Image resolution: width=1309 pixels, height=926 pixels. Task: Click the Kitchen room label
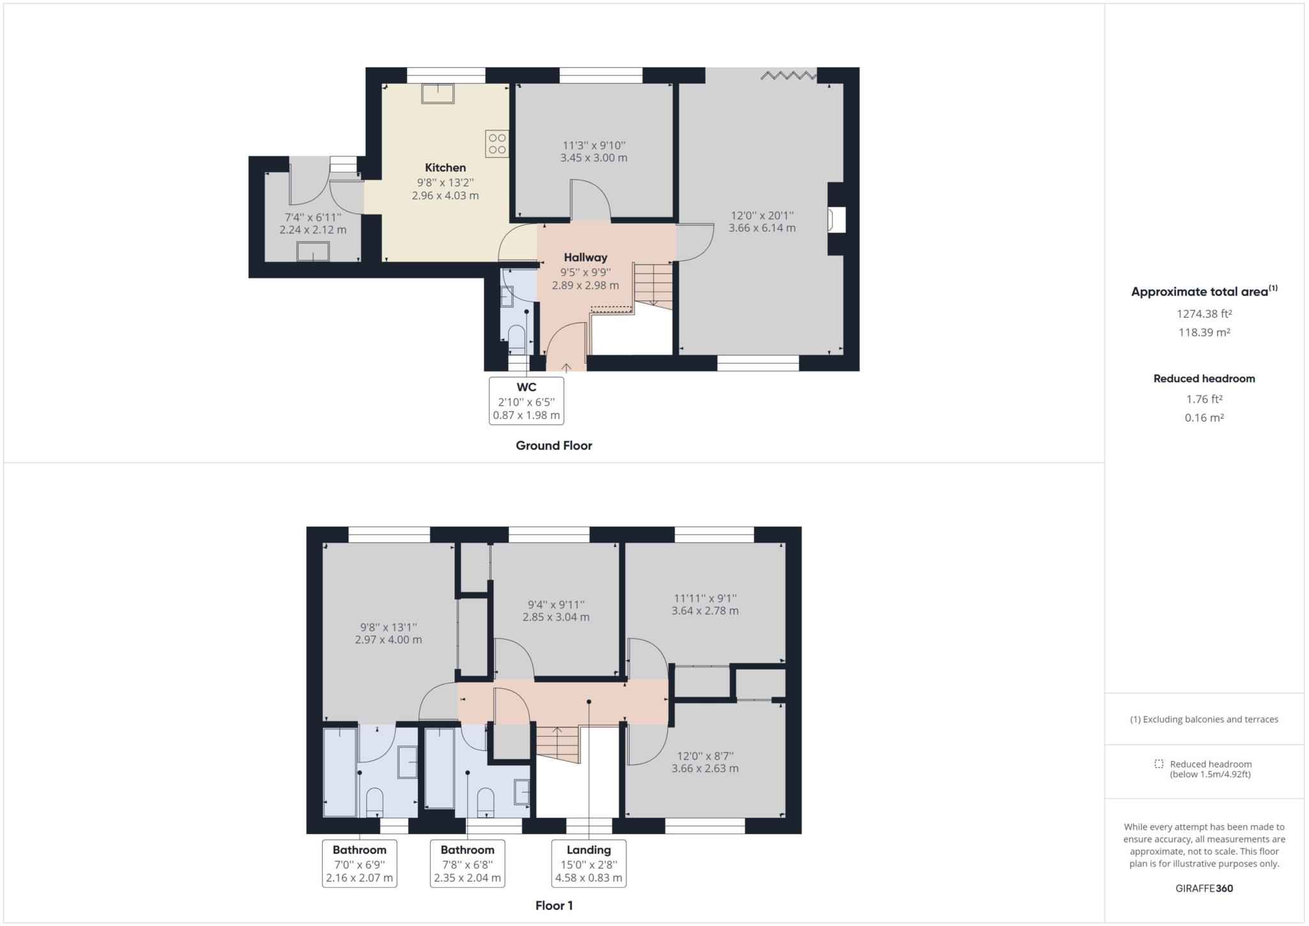pyautogui.click(x=445, y=167)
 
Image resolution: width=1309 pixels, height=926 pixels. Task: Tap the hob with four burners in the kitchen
pyautogui.click(x=497, y=144)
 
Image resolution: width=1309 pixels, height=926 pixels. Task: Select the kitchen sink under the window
pyautogui.click(x=438, y=94)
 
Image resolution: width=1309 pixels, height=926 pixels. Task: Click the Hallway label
pyautogui.click(x=585, y=258)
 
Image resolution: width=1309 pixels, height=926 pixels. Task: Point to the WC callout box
pyautogui.click(x=526, y=401)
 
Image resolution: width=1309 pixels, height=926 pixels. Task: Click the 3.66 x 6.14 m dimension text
pyautogui.click(x=762, y=228)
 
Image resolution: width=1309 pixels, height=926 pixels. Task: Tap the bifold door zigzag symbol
pyautogui.click(x=788, y=76)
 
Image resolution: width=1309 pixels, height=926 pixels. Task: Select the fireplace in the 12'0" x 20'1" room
pyautogui.click(x=836, y=220)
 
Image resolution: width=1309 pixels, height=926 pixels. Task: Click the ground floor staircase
pyautogui.click(x=653, y=284)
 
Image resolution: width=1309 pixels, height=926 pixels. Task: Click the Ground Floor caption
pyautogui.click(x=554, y=446)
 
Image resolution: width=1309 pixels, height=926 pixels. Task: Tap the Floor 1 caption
pyautogui.click(x=554, y=906)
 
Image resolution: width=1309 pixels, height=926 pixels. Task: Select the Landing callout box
pyautogui.click(x=589, y=863)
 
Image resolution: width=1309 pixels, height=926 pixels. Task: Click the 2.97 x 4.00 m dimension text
pyautogui.click(x=388, y=640)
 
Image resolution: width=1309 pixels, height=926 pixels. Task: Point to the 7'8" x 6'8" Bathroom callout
pyautogui.click(x=467, y=863)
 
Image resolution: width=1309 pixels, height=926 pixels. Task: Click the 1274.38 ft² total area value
pyautogui.click(x=1204, y=314)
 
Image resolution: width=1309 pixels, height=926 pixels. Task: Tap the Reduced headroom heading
pyautogui.click(x=1204, y=378)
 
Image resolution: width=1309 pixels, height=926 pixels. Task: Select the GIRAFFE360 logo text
pyautogui.click(x=1204, y=888)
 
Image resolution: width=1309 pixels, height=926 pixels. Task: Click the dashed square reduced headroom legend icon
pyautogui.click(x=1159, y=764)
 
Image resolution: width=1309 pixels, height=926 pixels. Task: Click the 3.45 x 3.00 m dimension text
pyautogui.click(x=594, y=158)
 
